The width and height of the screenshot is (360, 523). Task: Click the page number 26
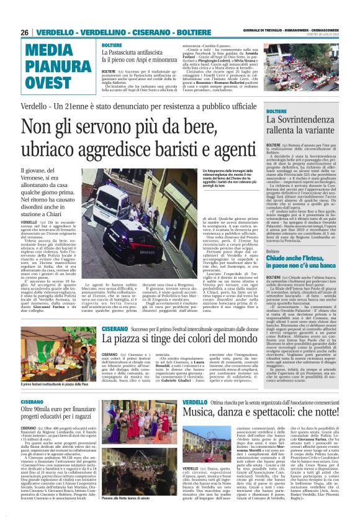24,32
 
